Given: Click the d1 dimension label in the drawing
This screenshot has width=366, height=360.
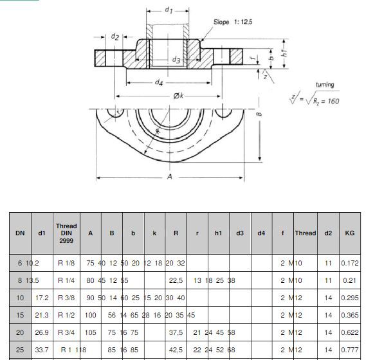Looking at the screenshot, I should (169, 10).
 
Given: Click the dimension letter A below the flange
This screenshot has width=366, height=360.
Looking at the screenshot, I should (170, 178).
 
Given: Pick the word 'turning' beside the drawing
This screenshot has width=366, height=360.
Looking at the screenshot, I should (324, 85).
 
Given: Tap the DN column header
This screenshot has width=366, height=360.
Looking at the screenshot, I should (20, 233).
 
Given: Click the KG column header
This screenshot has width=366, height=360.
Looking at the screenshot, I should (349, 233).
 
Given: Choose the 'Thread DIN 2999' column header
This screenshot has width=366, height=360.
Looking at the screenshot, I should (66, 233).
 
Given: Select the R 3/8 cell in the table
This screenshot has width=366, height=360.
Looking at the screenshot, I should (66, 298).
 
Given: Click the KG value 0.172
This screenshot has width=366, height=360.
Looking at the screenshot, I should (350, 263).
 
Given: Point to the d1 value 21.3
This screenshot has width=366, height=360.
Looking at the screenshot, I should (42, 315).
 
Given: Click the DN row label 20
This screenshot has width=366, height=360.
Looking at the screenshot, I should (20, 332).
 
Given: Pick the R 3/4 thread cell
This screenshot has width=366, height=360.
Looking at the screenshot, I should (66, 332).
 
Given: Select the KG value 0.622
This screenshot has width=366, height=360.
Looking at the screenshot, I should (350, 332).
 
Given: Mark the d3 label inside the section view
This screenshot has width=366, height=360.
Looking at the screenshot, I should (176, 59).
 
